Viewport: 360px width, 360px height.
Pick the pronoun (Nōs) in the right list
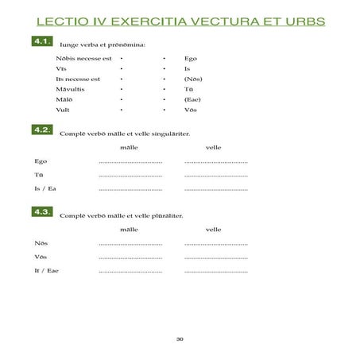tap(192, 79)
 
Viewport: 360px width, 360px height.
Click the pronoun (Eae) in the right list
tap(192, 100)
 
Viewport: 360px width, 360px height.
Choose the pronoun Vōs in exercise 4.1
tap(189, 110)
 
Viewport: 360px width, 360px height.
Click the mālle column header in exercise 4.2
tap(129, 147)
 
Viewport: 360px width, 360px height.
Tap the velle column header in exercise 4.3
tap(213, 229)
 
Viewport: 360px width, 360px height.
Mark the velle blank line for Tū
tap(215, 176)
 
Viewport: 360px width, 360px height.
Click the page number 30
tap(180, 339)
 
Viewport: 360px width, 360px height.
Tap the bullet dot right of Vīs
tap(121, 69)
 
